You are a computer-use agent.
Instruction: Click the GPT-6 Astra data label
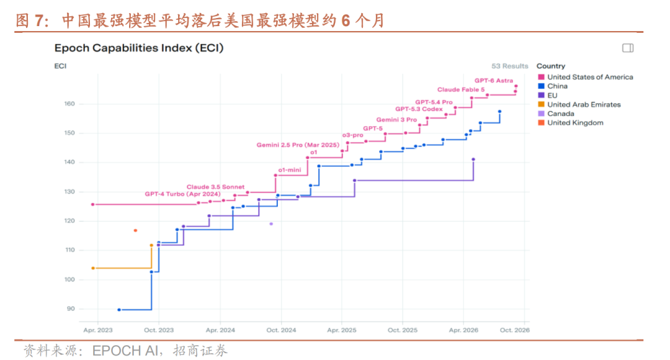pos(494,81)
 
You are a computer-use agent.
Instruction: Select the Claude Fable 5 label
pos(460,89)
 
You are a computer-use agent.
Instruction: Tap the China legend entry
pos(553,86)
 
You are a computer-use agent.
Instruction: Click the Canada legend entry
pos(556,114)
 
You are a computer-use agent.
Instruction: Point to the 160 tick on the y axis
pos(69,104)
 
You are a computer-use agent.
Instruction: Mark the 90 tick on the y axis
pos(71,308)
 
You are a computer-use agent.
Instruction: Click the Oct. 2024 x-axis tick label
pos(281,330)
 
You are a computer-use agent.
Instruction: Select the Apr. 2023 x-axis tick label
pos(98,330)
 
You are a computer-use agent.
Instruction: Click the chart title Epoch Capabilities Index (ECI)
pos(139,48)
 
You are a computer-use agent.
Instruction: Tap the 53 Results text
pos(510,66)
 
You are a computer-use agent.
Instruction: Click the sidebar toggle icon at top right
pos(628,48)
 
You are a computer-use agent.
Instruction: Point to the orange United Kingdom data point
pos(135,230)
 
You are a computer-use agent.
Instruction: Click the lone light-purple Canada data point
pos(271,223)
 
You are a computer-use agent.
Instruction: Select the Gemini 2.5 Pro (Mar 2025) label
pos(298,145)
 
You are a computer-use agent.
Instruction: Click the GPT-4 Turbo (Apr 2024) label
pos(182,194)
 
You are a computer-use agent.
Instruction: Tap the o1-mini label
pos(290,169)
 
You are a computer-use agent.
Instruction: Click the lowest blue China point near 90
pos(119,310)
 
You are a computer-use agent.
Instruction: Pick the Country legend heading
pos(551,66)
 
